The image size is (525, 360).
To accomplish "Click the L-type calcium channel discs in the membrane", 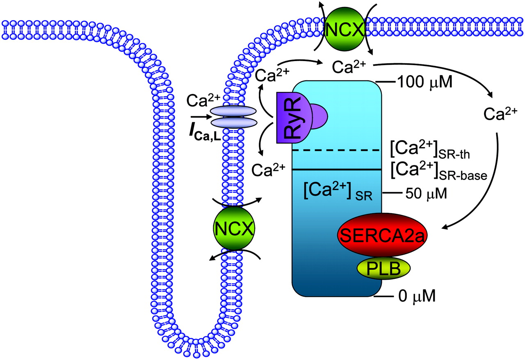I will click(x=234, y=116).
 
